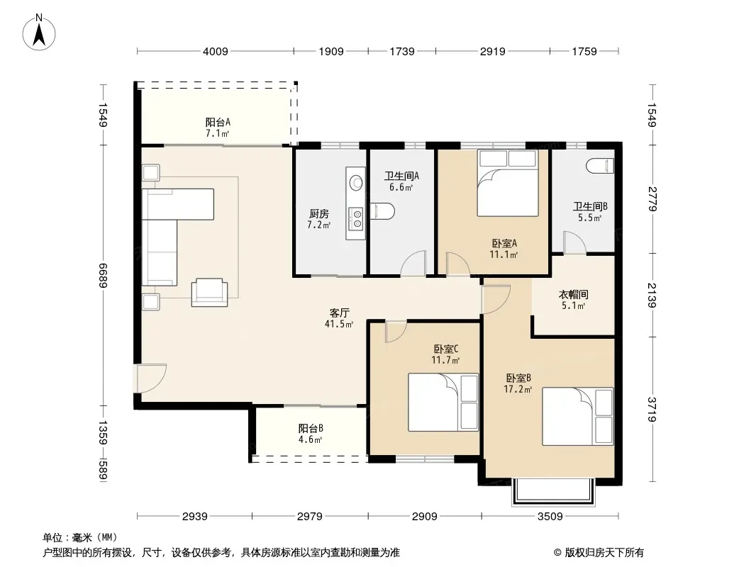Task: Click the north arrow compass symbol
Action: [39, 32]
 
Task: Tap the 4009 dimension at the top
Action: [215, 51]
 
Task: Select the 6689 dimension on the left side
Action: [103, 275]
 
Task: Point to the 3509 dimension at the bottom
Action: [550, 517]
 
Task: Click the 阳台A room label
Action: [218, 123]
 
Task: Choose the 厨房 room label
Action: [318, 213]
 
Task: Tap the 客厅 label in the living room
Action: [339, 313]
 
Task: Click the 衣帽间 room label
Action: [573, 294]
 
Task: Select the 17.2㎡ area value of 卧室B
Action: [518, 389]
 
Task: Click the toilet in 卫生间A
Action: [382, 211]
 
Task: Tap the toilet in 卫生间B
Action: [600, 166]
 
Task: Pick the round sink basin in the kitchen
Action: [356, 183]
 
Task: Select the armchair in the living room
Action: [209, 293]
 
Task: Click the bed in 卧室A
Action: [507, 183]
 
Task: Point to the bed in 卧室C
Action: [443, 403]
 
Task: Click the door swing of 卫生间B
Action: [574, 243]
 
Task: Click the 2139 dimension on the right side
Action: [651, 295]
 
